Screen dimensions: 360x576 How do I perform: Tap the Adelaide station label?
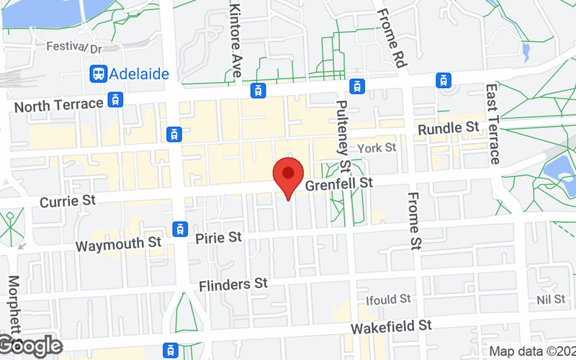(x=140, y=73)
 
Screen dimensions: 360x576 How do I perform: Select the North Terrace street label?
(x=58, y=105)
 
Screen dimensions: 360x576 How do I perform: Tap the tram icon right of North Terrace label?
(x=114, y=99)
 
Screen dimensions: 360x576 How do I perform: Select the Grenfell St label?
(x=338, y=184)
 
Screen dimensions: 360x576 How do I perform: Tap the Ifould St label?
(x=388, y=298)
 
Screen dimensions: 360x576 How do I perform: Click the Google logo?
(x=30, y=346)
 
